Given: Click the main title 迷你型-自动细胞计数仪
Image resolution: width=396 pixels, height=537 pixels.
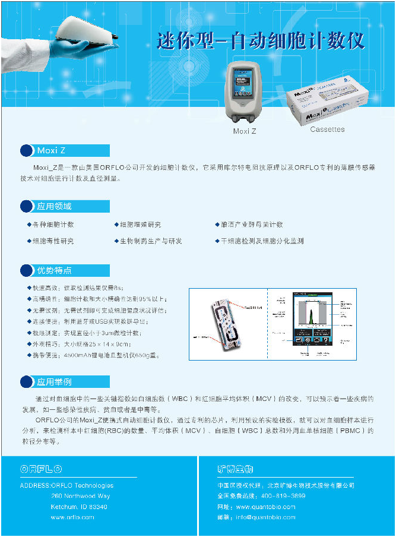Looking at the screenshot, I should pos(261,40).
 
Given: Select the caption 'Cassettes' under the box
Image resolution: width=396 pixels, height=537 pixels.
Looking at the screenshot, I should pos(327,129).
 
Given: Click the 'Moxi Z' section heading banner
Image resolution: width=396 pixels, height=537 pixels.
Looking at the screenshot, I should pos(65,150).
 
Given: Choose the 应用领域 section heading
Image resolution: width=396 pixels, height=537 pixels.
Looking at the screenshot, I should pos(65,206).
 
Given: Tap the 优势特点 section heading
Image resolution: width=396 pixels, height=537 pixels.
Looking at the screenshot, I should pos(65,270).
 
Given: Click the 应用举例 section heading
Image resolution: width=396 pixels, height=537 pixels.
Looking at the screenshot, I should pos(65,381).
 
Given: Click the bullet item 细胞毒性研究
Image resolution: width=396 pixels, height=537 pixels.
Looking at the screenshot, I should pos(53,241).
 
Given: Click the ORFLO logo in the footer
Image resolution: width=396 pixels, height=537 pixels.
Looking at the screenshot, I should pos(42,469).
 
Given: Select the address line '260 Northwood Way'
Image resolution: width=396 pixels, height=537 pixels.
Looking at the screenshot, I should pos(80,496).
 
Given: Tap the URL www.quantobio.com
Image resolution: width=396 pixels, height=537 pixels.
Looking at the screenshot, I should pos(265,507).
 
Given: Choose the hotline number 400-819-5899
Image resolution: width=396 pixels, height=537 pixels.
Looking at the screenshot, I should pos(283,496).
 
